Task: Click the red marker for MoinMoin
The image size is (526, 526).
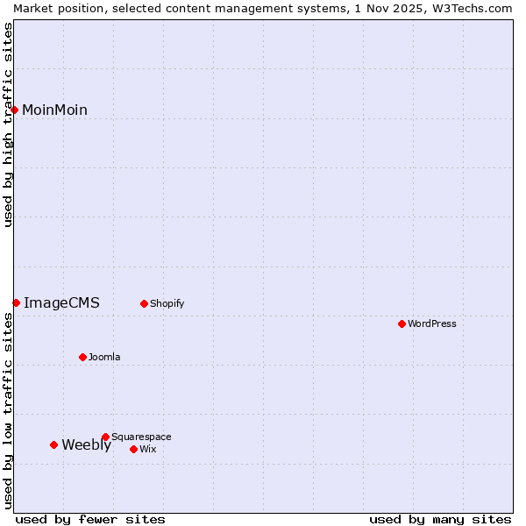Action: coord(15,110)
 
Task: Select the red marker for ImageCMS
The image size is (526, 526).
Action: coord(16,302)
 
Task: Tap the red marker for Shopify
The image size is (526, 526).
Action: coord(144,304)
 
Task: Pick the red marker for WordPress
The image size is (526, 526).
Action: coord(402,323)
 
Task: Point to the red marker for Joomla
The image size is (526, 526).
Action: coord(82,357)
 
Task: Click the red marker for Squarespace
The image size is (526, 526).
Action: coord(105,437)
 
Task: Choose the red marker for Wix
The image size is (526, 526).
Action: coord(133,449)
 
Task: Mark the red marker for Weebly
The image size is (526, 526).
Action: coord(53,444)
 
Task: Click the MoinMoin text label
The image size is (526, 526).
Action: coord(54,110)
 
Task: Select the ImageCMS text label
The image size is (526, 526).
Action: coord(61,303)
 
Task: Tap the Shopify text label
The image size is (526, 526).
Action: coord(167,304)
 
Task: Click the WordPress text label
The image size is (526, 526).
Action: coord(432,323)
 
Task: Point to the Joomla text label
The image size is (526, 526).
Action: coord(104,357)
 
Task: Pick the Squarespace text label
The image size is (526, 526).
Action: coord(141,437)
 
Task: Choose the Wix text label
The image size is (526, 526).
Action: coord(147,449)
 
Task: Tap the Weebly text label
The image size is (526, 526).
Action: coord(86,444)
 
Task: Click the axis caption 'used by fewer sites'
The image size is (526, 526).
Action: coord(90,519)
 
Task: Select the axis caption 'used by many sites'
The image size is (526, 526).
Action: coord(440,519)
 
